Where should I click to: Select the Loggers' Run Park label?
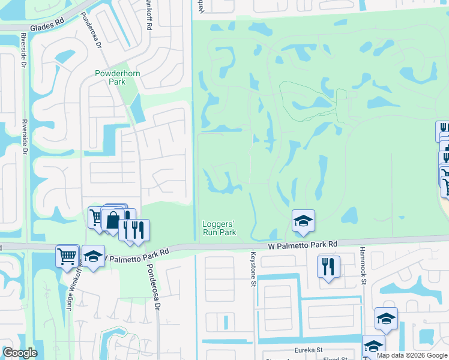(218, 228)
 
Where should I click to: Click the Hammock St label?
(363, 264)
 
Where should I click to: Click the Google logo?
(20, 353)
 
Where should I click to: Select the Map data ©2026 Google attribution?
(412, 355)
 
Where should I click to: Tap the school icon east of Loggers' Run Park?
(304, 221)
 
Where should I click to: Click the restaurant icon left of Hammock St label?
(328, 266)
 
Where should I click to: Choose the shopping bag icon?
(113, 219)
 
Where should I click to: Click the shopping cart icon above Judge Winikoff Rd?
(67, 256)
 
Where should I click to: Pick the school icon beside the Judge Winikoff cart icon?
(93, 256)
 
